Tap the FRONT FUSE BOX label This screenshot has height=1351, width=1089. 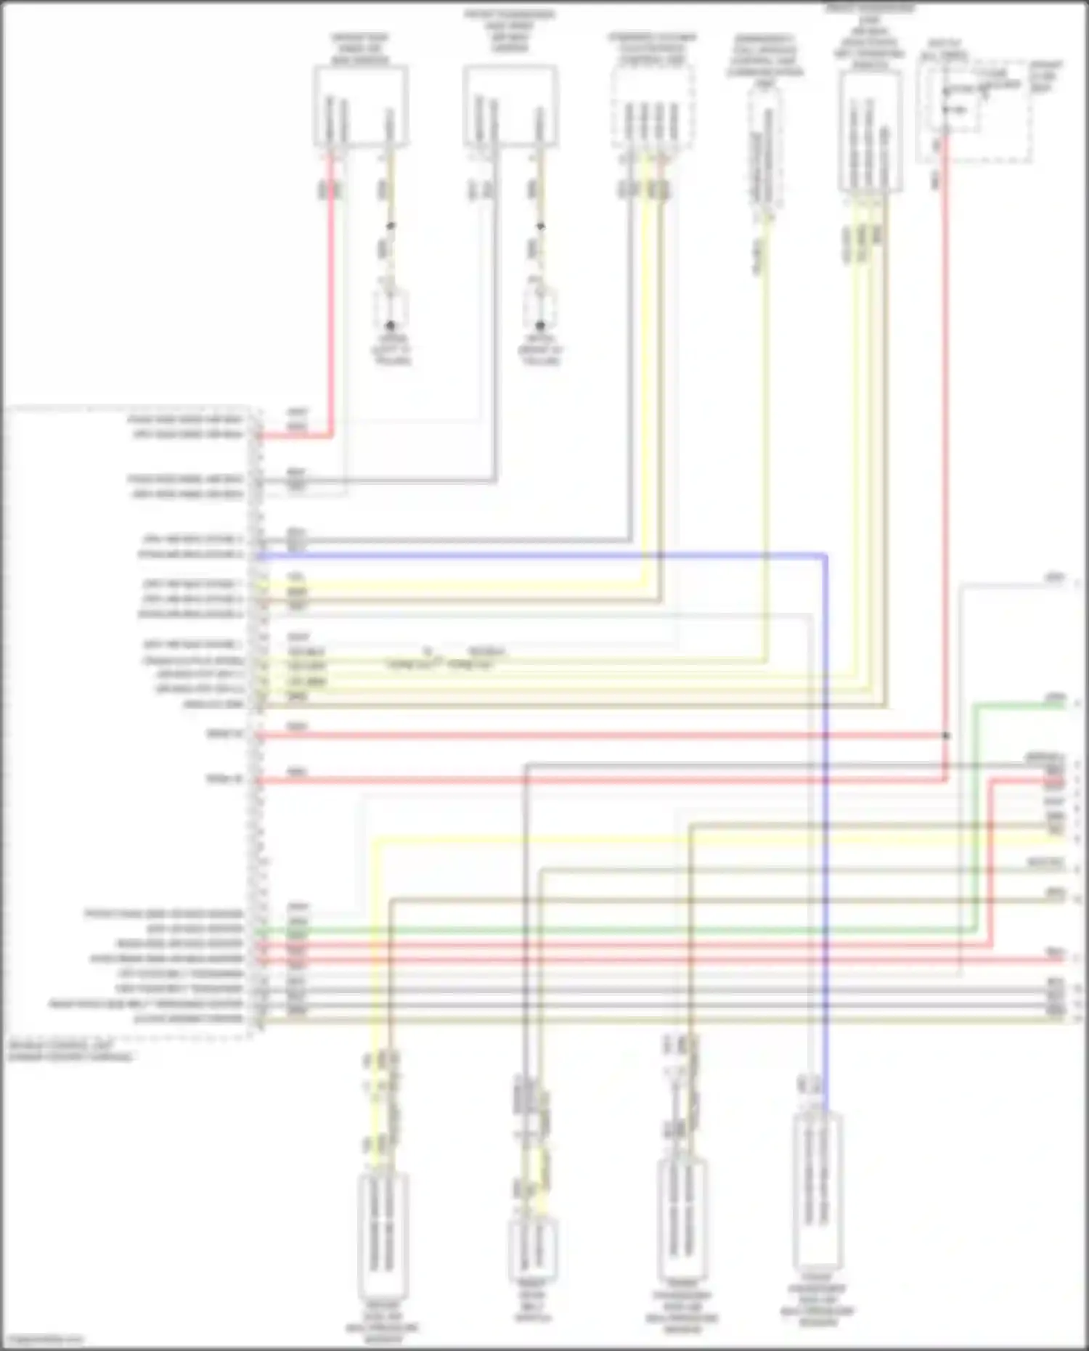[x=1045, y=75]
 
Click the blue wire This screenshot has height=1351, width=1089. [x=826, y=799]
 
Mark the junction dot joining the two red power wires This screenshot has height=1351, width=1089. [x=945, y=735]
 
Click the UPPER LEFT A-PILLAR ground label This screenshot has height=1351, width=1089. [x=393, y=349]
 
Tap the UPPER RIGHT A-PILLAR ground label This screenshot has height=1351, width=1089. [x=541, y=349]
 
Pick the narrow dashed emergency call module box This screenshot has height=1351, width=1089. [x=766, y=149]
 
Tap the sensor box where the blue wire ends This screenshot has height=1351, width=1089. [x=818, y=1191]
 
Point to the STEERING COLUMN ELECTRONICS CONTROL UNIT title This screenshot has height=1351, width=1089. [x=652, y=48]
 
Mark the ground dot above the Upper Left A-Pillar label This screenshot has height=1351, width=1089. [x=391, y=325]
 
